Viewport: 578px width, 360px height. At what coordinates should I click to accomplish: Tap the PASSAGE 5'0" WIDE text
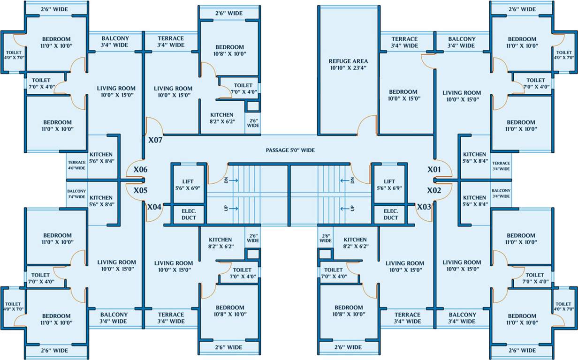(x=290, y=150)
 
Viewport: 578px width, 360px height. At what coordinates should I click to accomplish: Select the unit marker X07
(x=155, y=140)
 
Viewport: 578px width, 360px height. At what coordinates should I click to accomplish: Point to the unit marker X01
(x=434, y=169)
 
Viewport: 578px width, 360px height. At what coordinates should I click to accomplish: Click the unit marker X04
(x=154, y=207)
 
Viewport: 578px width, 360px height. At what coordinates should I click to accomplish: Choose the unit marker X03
(x=424, y=207)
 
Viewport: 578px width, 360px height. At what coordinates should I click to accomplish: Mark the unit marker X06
(x=140, y=169)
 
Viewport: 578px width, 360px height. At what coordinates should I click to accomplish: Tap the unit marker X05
(x=140, y=191)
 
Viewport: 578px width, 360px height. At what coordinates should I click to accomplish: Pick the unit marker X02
(x=434, y=190)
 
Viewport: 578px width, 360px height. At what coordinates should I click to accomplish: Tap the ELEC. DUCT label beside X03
(x=390, y=215)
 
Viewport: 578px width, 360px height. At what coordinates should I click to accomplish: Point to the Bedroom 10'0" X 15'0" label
(x=403, y=95)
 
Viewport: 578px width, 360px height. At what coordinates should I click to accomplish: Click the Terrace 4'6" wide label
(x=76, y=165)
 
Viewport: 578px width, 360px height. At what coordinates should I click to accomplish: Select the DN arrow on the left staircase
(x=234, y=180)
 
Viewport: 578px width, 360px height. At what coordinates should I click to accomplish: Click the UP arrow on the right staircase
(x=345, y=209)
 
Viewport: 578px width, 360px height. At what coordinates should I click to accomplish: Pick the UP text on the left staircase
(x=226, y=209)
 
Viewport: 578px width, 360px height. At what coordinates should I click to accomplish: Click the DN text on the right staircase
(x=352, y=180)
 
